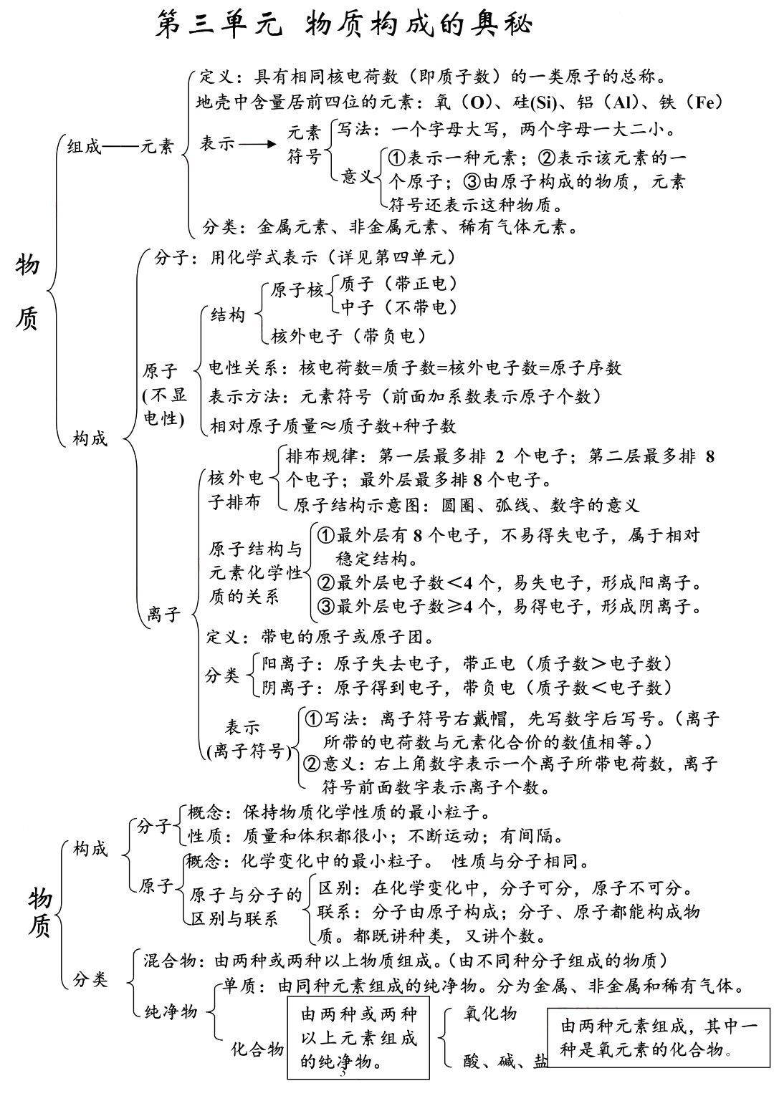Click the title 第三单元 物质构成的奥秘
click(x=344, y=25)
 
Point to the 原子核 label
click(x=297, y=290)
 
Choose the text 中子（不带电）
click(x=398, y=307)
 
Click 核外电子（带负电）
click(x=348, y=335)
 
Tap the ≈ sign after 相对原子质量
click(x=328, y=426)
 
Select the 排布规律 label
click(x=320, y=456)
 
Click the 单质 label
click(x=243, y=986)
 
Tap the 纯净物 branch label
click(x=171, y=1011)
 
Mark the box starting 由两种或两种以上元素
click(x=358, y=1038)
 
